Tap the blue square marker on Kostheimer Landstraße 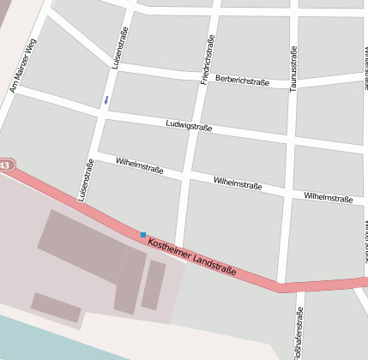coord(143,234)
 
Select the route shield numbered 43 coord(5,165)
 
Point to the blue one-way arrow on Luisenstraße coord(106,100)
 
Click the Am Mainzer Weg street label coord(23,65)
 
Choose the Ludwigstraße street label coord(189,126)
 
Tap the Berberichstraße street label coord(242,81)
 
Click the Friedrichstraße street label coord(207,59)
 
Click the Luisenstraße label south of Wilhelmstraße coord(85,180)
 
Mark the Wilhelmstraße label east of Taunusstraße coord(328,197)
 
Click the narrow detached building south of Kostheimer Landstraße coord(154,285)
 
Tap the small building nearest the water coord(57,307)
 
